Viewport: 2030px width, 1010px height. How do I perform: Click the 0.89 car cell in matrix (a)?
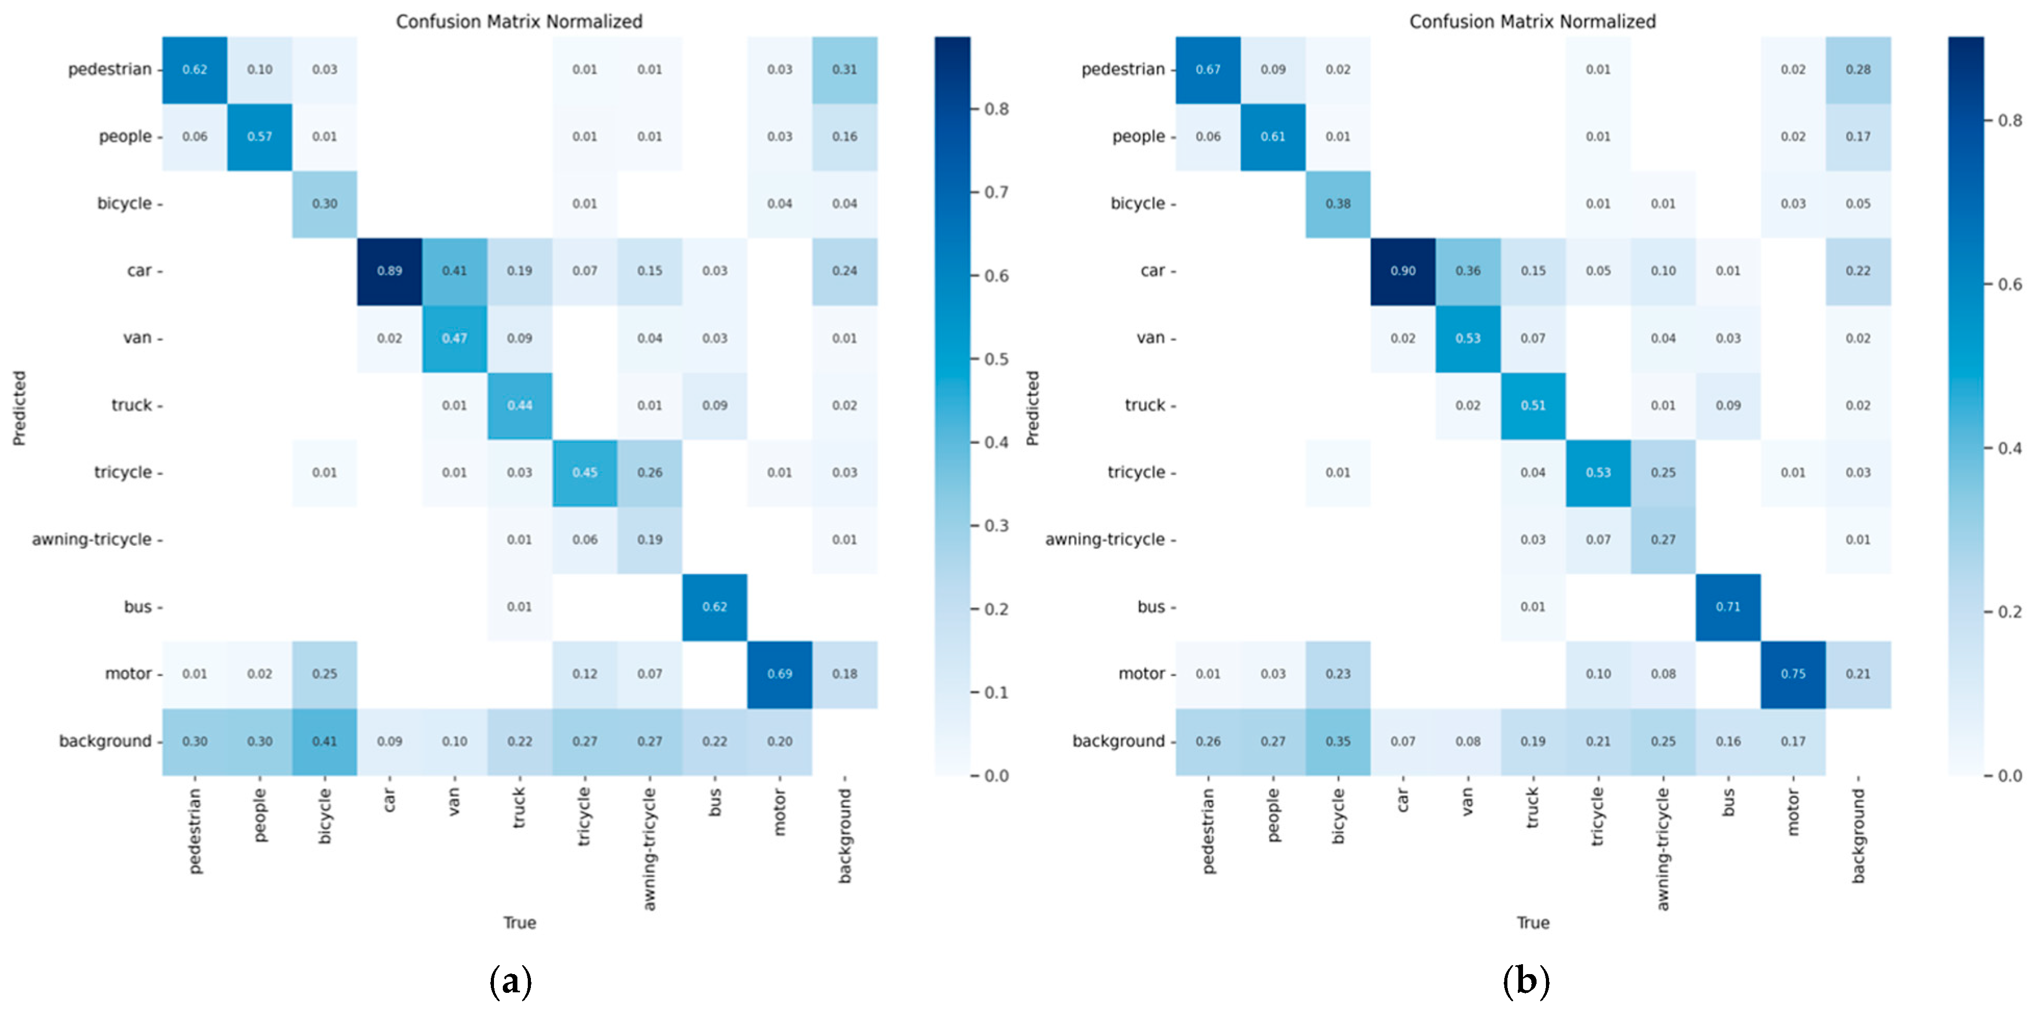tap(389, 271)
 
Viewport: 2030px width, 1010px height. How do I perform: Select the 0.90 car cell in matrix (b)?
tap(1403, 271)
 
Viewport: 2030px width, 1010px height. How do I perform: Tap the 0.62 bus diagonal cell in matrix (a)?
tap(715, 607)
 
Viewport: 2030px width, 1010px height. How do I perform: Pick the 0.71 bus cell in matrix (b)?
tap(1728, 607)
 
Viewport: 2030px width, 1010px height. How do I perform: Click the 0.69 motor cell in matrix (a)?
tap(779, 674)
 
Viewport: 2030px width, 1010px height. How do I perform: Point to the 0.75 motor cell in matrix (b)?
tap(1793, 674)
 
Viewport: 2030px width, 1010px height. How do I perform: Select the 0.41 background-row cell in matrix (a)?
tap(325, 741)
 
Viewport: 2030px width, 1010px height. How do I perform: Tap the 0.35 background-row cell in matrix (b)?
tap(1338, 741)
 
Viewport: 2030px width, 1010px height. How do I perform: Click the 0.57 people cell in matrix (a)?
tap(259, 136)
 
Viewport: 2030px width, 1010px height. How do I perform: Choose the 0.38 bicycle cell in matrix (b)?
tap(1338, 203)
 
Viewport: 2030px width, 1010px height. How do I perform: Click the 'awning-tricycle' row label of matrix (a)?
tap(92, 540)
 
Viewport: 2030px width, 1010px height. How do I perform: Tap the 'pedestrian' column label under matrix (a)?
tap(195, 831)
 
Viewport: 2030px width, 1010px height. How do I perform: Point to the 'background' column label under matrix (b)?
tap(1858, 835)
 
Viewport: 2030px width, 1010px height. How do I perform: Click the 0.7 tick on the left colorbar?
tap(997, 192)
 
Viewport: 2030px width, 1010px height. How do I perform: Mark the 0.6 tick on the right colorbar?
tap(2010, 285)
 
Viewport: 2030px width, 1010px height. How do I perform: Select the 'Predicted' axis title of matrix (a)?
tap(19, 408)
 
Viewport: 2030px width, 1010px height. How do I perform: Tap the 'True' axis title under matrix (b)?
tap(1533, 923)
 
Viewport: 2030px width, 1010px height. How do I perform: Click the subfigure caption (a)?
tap(511, 981)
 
